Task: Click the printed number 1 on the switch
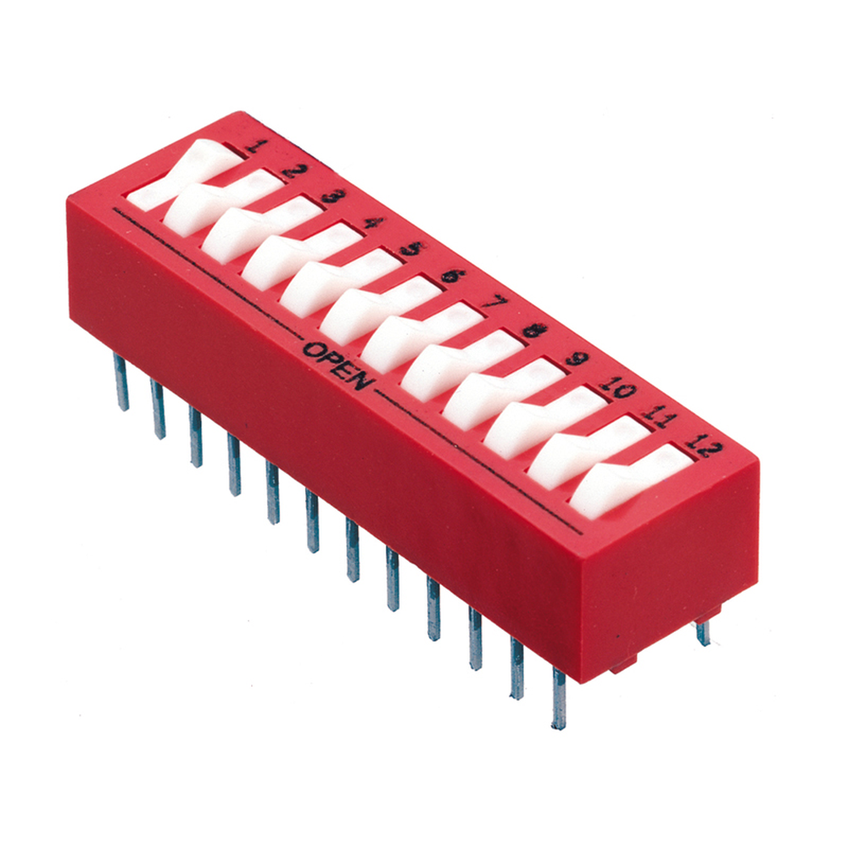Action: click(x=259, y=145)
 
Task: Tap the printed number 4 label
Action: click(x=374, y=222)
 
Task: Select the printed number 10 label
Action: click(x=617, y=386)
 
